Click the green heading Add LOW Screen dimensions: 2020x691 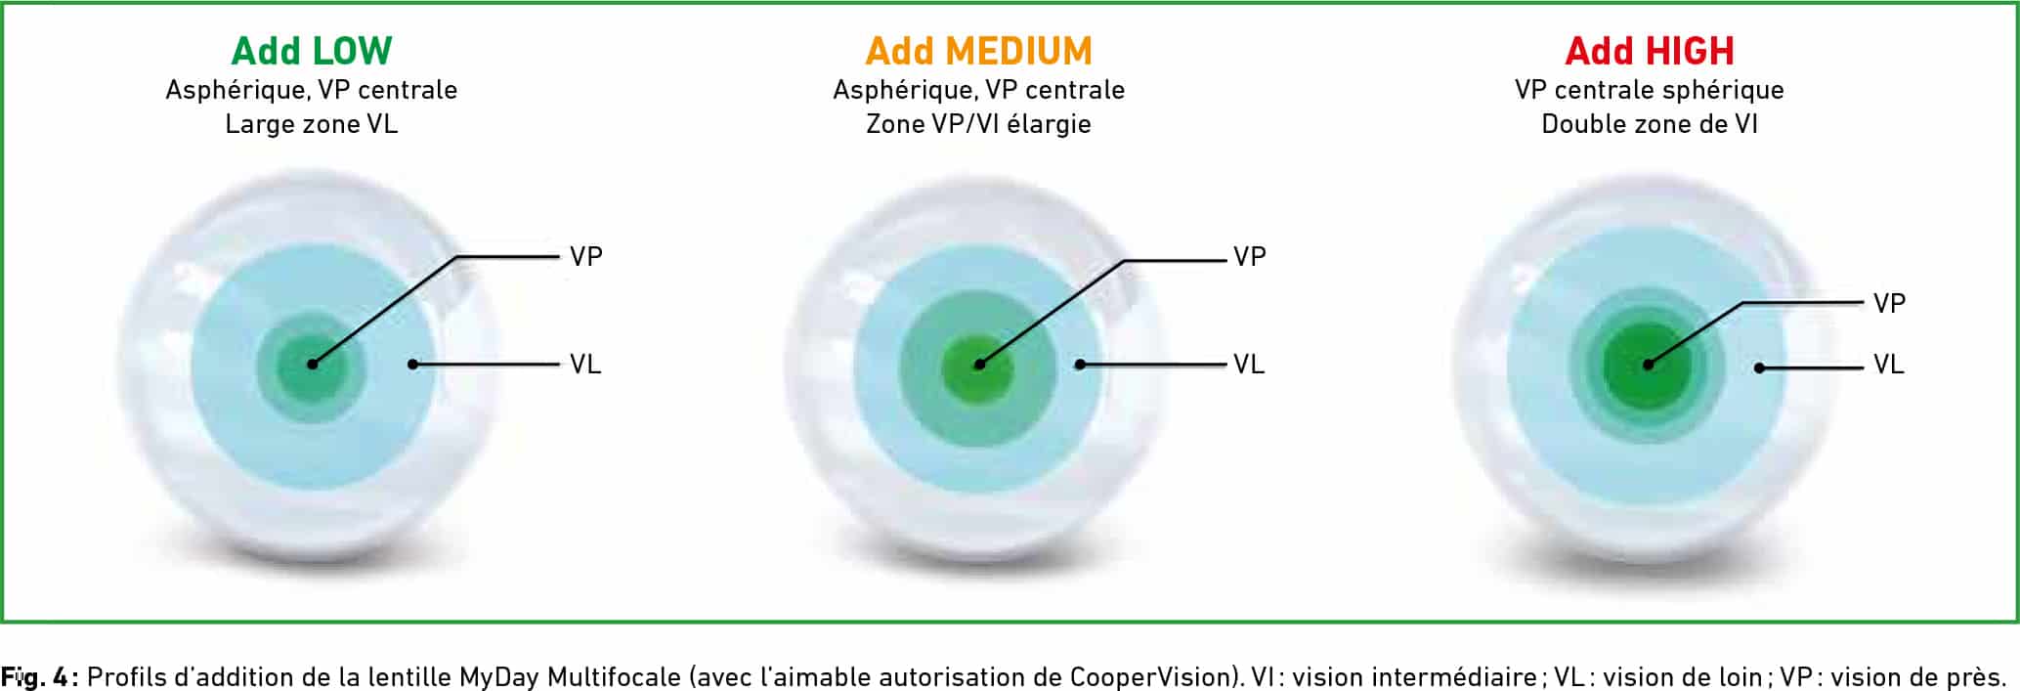pos(312,51)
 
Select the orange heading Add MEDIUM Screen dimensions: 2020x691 pos(979,51)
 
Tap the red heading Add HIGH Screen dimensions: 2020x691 pos(1650,51)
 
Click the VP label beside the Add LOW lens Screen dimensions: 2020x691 pos(586,257)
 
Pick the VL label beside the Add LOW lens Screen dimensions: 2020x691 pos(585,365)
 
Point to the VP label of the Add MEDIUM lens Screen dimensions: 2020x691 pos(1250,257)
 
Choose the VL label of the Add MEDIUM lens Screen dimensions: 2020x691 pos(1249,365)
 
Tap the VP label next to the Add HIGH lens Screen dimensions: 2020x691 pos(1890,304)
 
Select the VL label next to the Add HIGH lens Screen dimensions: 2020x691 pos(1889,365)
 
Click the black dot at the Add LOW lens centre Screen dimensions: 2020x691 pos(313,364)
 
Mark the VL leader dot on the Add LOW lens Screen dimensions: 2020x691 pos(413,364)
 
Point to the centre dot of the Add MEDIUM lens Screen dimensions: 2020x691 pos(980,365)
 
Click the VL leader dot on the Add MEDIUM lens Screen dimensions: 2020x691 pos(1080,365)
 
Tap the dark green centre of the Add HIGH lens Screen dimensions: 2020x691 pos(1648,365)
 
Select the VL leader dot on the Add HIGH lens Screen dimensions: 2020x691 pos(1759,368)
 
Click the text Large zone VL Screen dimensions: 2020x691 pos(312,124)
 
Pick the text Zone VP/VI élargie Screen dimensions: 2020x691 pos(978,124)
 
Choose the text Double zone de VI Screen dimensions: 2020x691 pos(1650,124)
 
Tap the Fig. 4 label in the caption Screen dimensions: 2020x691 pos(39,676)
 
